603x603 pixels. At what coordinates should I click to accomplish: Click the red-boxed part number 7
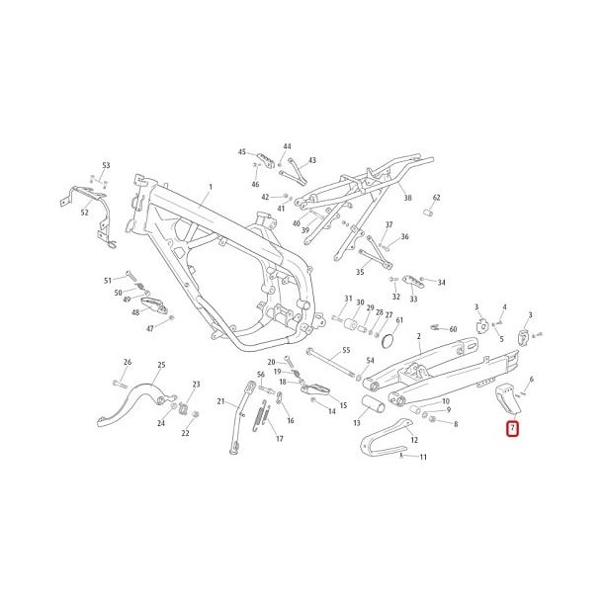click(x=512, y=429)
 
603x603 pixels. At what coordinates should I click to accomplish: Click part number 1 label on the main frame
click(x=210, y=186)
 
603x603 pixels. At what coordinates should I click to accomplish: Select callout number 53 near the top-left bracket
click(x=106, y=165)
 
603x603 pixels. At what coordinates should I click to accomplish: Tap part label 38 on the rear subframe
click(x=407, y=198)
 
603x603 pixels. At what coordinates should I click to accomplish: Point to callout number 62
click(x=436, y=198)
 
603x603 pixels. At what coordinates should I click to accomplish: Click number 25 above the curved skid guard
click(x=161, y=365)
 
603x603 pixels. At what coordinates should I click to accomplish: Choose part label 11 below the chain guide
click(x=423, y=457)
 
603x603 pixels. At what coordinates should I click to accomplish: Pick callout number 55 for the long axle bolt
click(x=345, y=351)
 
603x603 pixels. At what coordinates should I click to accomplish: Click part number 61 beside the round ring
click(x=398, y=320)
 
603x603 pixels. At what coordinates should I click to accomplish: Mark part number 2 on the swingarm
click(x=419, y=336)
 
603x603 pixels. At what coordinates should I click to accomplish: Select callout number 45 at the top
click(x=241, y=152)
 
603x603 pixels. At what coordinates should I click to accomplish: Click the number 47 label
click(x=151, y=328)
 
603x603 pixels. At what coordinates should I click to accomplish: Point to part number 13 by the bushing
click(x=357, y=422)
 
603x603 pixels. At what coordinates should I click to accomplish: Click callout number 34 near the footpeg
click(x=441, y=283)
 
